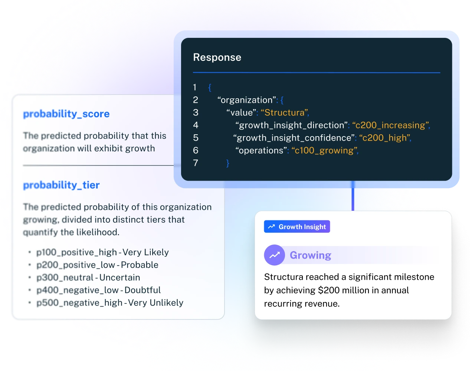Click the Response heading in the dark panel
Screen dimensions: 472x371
click(217, 58)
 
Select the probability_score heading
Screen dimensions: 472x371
click(66, 114)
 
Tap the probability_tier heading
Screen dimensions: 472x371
click(61, 185)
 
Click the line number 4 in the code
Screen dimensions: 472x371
click(196, 125)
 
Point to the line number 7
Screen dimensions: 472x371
click(196, 163)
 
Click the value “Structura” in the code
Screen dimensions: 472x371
click(285, 113)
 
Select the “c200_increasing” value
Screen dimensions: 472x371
click(391, 125)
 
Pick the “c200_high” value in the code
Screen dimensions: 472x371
click(385, 138)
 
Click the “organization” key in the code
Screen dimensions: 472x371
click(247, 100)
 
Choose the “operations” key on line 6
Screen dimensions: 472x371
click(261, 151)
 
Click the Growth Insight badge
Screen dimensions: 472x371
click(297, 227)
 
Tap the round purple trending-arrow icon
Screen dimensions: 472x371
click(274, 255)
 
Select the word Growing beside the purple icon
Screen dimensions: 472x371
click(310, 255)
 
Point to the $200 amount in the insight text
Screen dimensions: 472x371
click(328, 290)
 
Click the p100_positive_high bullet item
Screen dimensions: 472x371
click(77, 252)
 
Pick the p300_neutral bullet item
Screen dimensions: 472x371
click(65, 278)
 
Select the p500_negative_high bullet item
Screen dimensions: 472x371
click(79, 303)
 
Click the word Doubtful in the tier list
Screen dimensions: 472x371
click(142, 290)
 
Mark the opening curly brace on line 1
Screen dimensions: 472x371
click(210, 88)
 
